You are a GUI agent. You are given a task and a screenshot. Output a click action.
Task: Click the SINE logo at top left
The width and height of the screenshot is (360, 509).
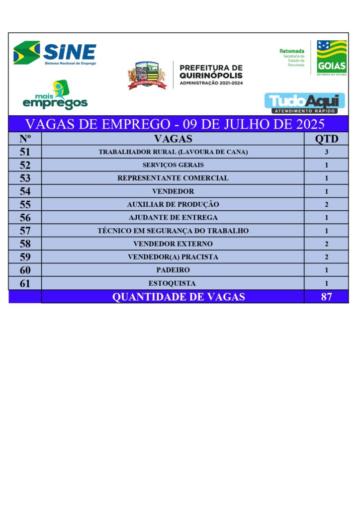click(x=55, y=53)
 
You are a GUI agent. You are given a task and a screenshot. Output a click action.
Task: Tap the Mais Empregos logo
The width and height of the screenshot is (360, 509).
click(x=55, y=96)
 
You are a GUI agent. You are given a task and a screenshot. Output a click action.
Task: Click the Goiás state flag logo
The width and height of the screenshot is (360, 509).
click(x=332, y=57)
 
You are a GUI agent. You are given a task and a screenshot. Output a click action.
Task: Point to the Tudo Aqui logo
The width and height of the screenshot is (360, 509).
click(x=304, y=103)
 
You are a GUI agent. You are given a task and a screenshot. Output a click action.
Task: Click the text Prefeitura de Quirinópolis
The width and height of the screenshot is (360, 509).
click(x=211, y=75)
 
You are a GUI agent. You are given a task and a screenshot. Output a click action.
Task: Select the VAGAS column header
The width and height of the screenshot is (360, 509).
click(x=173, y=139)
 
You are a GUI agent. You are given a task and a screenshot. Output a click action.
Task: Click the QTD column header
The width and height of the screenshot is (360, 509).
click(x=326, y=139)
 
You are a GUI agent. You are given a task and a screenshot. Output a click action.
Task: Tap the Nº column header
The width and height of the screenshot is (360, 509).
click(x=25, y=139)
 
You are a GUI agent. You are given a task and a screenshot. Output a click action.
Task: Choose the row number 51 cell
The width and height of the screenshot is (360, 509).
click(x=25, y=152)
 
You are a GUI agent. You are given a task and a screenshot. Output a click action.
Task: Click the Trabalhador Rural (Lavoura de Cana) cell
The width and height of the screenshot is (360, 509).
click(x=173, y=152)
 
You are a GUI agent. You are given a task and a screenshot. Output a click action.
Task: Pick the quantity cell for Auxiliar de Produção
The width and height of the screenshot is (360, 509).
click(x=326, y=204)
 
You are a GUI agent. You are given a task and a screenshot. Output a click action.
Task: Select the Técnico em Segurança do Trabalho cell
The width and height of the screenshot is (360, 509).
click(x=173, y=231)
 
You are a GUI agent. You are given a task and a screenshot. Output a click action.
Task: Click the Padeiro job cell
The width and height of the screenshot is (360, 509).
click(x=173, y=270)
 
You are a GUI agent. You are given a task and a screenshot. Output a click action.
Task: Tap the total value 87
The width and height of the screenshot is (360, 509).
click(x=326, y=297)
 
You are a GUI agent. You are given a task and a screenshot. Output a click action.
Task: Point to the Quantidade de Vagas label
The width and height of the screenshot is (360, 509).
click(x=178, y=297)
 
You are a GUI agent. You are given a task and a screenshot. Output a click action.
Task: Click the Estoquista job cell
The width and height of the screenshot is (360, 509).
click(x=173, y=283)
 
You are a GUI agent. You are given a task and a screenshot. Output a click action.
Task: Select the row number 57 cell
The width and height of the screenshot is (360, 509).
click(x=25, y=231)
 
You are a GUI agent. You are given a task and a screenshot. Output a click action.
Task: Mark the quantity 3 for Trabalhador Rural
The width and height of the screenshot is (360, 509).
click(x=326, y=152)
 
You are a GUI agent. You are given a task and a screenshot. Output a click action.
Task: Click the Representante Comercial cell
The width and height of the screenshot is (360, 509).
click(x=173, y=178)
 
